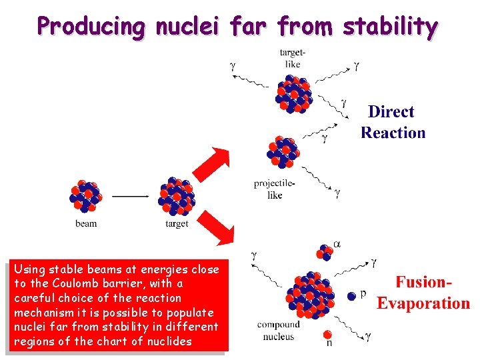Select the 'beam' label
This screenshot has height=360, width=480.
(x=86, y=224)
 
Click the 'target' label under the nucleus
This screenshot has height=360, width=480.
(x=177, y=224)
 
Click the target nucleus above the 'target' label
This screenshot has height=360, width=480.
(x=176, y=196)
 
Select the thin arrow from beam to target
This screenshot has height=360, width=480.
(x=130, y=196)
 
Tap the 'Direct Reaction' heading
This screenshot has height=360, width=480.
(x=393, y=122)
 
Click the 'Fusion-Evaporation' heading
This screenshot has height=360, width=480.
(x=423, y=293)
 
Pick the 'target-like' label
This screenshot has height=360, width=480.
(x=293, y=59)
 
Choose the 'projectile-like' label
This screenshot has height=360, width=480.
(x=274, y=189)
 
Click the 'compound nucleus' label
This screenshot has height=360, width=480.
(x=279, y=331)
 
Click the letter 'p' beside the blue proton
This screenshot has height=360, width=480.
(x=363, y=294)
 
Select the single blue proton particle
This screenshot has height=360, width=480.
(x=351, y=295)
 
